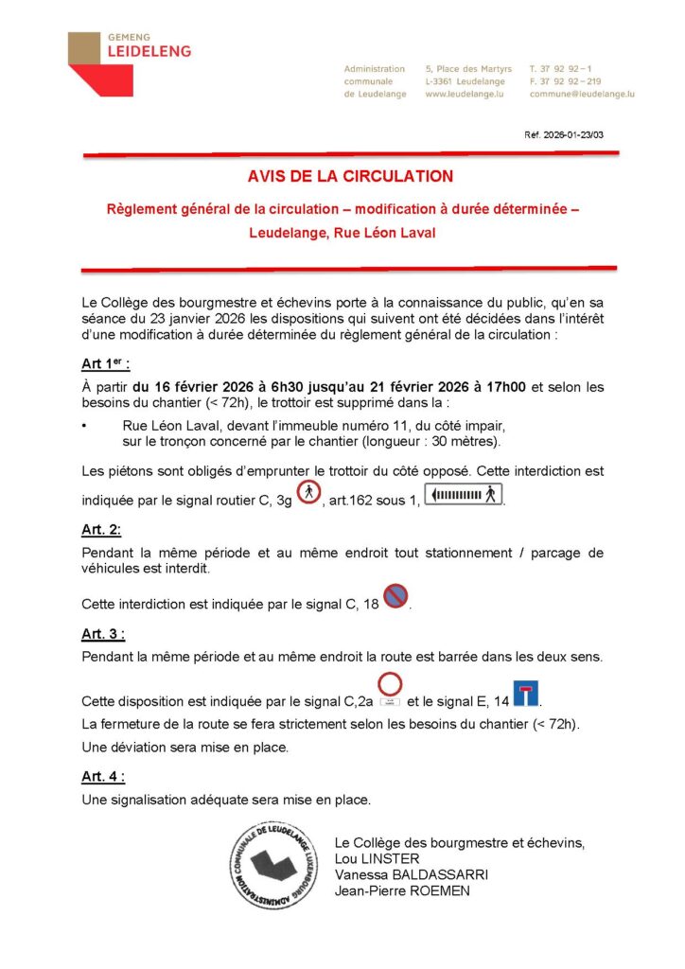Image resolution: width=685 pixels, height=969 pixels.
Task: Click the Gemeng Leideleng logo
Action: (x=129, y=62)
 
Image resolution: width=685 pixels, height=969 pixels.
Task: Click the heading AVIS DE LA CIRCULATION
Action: (x=350, y=176)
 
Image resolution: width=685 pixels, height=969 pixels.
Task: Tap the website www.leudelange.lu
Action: (x=464, y=95)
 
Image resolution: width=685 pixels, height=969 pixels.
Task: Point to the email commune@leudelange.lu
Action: (x=581, y=95)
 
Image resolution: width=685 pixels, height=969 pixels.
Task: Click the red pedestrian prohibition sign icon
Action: (x=308, y=492)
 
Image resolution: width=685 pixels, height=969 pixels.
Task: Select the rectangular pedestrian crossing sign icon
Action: (x=463, y=494)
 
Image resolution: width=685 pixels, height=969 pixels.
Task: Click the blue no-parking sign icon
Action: (x=395, y=595)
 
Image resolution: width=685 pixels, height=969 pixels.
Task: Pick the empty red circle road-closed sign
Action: (x=390, y=685)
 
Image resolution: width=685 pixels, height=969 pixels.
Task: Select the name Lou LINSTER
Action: (x=378, y=858)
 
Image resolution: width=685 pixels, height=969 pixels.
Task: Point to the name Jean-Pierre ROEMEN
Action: (x=402, y=890)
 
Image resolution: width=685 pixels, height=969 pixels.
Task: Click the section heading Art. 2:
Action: (x=101, y=531)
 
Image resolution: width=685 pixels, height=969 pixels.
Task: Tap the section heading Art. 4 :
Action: (x=103, y=776)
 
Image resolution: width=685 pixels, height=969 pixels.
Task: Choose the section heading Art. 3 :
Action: (x=103, y=633)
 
